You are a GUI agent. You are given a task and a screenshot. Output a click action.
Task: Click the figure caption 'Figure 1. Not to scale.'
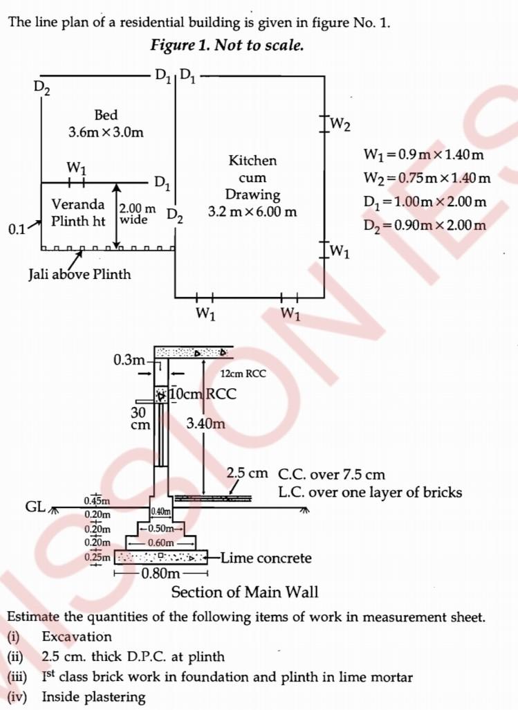(x=227, y=45)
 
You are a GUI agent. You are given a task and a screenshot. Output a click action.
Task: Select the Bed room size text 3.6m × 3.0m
(x=106, y=131)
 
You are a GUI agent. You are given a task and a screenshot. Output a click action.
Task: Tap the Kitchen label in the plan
(x=252, y=161)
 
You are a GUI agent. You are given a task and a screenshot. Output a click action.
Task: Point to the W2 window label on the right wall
(x=340, y=125)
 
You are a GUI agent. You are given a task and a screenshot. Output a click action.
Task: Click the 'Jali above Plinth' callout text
(x=79, y=274)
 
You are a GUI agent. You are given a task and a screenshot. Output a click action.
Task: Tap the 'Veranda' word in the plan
(x=79, y=204)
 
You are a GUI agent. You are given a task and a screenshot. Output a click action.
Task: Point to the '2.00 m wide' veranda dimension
(x=137, y=215)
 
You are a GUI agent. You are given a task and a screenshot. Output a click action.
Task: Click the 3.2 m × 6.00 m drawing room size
(x=252, y=212)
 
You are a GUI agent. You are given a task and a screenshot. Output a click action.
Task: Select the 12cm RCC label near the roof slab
(x=243, y=374)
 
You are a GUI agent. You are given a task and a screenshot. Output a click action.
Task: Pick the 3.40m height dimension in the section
(x=206, y=423)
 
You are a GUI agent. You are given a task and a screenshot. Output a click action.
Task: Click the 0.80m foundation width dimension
(x=160, y=573)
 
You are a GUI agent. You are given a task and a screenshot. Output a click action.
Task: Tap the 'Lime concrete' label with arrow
(x=266, y=558)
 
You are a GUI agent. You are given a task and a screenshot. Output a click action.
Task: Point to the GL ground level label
(x=36, y=507)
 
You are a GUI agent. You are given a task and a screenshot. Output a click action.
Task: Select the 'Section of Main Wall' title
(x=245, y=592)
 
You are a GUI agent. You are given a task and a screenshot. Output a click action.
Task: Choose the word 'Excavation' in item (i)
(x=77, y=637)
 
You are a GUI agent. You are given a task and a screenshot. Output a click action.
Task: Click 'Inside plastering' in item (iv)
(x=94, y=697)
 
